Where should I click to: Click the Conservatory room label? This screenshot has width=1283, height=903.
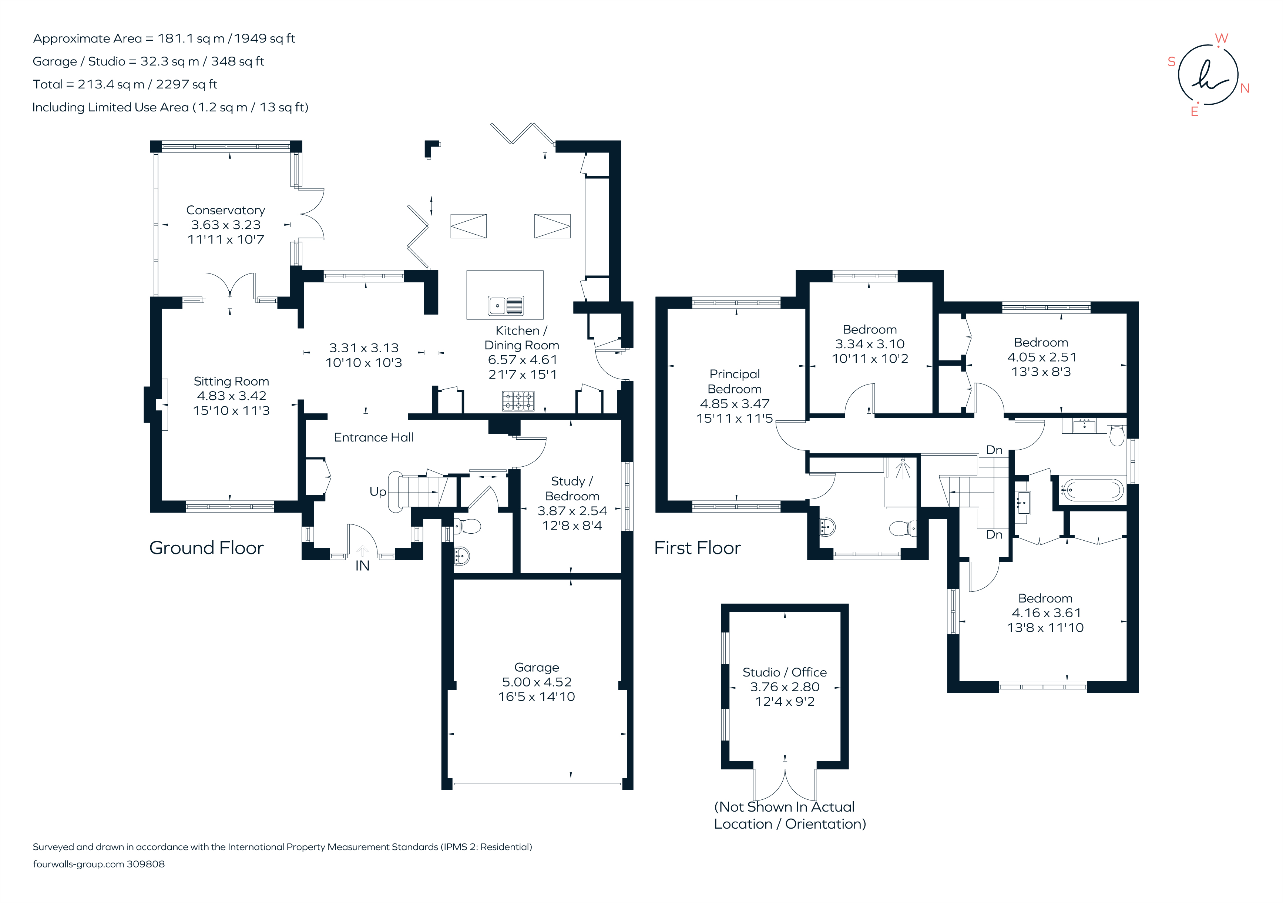(x=225, y=210)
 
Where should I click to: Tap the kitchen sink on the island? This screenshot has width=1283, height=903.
(x=506, y=306)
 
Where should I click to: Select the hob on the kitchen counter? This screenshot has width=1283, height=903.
(x=518, y=401)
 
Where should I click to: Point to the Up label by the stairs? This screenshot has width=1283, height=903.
(x=378, y=492)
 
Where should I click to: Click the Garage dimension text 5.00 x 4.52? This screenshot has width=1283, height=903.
(x=537, y=682)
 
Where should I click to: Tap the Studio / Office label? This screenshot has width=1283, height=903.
(x=784, y=672)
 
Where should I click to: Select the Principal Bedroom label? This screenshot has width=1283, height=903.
(x=734, y=381)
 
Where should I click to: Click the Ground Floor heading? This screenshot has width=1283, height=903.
(x=206, y=548)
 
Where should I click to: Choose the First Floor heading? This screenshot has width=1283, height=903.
(x=698, y=548)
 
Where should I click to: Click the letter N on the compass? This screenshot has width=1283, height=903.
(x=1245, y=88)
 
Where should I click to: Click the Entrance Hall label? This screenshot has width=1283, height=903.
(x=373, y=437)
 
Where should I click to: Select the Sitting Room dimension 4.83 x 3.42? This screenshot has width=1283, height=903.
(x=231, y=396)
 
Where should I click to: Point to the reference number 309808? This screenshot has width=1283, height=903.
(x=145, y=864)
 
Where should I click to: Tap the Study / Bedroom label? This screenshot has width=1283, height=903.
(x=572, y=489)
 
